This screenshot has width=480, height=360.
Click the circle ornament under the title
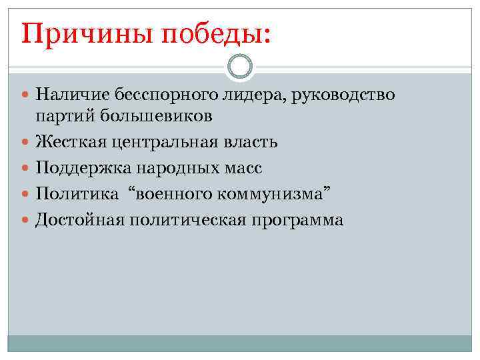click(x=239, y=67)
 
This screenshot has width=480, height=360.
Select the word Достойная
click(x=77, y=220)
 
